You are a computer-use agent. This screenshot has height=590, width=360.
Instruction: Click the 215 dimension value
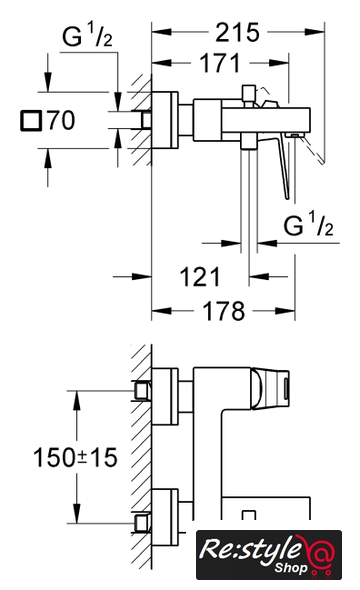tap(237, 32)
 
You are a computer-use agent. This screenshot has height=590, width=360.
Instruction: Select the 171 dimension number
tap(220, 63)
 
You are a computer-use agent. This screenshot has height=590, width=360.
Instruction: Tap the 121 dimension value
tap(200, 277)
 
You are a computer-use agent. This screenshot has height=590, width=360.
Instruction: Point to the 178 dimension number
tap(223, 311)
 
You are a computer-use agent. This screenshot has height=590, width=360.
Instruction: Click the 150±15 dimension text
tap(75, 458)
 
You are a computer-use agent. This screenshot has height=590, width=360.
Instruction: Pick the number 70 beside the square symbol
tap(61, 120)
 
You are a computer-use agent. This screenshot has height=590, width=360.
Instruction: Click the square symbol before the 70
tap(30, 121)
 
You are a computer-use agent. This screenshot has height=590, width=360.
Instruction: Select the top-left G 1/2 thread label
tap(87, 35)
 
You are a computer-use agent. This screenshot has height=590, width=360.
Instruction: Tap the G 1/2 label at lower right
tap(308, 224)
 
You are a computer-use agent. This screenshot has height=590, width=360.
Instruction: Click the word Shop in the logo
tap(291, 567)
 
